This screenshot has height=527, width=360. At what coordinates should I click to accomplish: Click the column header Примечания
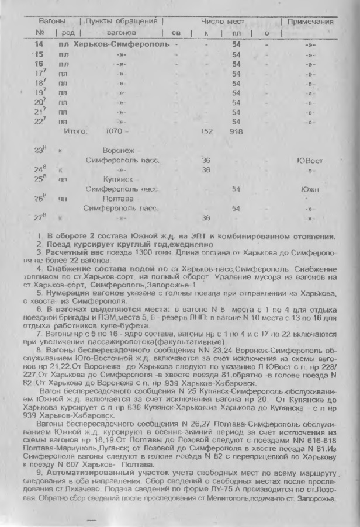coord(310,21)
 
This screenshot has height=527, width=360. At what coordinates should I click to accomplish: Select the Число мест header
coord(226,21)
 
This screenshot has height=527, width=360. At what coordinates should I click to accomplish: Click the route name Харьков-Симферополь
coord(116,44)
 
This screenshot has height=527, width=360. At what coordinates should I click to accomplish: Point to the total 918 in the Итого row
coord(237,131)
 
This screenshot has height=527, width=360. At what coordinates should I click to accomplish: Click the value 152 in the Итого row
coord(206,131)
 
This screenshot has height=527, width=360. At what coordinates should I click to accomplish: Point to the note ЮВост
coord(310,160)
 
